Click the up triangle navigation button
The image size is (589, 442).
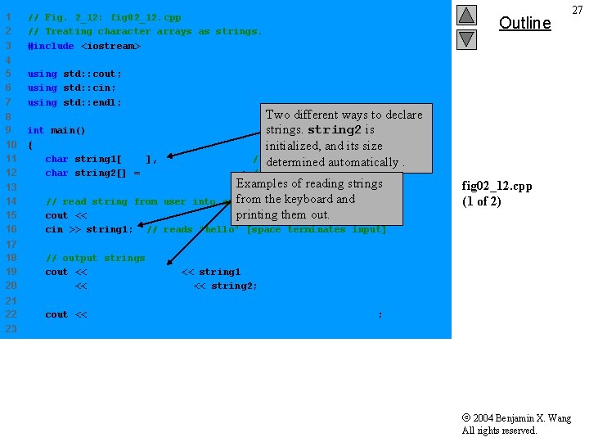pyautogui.click(x=465, y=16)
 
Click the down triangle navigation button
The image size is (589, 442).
pyautogui.click(x=465, y=38)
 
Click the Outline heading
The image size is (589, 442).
pyautogui.click(x=524, y=23)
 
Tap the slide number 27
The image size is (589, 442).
pyautogui.click(x=578, y=9)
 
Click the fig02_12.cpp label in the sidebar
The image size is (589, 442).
pyautogui.click(x=497, y=186)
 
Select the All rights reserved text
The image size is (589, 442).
pyautogui.click(x=499, y=431)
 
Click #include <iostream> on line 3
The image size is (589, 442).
pyautogui.click(x=83, y=46)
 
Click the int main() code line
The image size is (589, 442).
pyautogui.click(x=56, y=130)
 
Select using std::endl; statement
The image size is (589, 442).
pyautogui.click(x=74, y=102)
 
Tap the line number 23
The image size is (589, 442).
pyautogui.click(x=11, y=328)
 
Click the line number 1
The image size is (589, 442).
pyautogui.click(x=8, y=17)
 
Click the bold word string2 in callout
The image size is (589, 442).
pyautogui.click(x=335, y=130)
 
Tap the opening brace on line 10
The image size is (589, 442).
pyautogui.click(x=30, y=145)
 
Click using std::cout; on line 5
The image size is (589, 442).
pyautogui.click(x=74, y=74)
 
